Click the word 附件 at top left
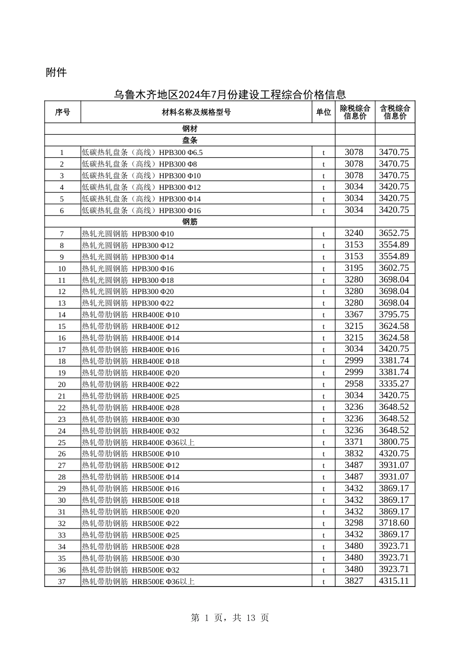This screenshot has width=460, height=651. coord(56,73)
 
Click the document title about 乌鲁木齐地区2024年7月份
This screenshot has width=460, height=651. coord(230,94)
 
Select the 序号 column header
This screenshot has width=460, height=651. coord(62,112)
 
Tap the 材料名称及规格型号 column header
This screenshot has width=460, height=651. coord(196,112)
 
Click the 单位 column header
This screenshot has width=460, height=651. coord(323,112)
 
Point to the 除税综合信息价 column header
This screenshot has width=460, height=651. coord(355,112)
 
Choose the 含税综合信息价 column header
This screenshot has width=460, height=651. coord(395,112)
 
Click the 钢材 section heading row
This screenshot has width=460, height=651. coord(190,129)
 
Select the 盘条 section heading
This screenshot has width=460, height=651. coord(190,140)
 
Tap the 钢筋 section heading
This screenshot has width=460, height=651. coord(190,222)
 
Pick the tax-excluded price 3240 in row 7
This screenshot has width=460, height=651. coord(354,233)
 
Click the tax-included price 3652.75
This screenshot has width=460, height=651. coord(394,233)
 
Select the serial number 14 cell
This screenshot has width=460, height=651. coord(62,315)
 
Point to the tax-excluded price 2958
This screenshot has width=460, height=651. coord(354,384)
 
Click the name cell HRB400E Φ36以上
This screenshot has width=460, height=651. coord(138,442)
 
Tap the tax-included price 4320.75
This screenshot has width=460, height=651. coord(394,454)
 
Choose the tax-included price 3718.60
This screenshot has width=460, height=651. coord(394,523)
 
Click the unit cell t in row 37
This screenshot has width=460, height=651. coord(323,582)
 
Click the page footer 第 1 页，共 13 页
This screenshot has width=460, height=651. coord(230,618)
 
